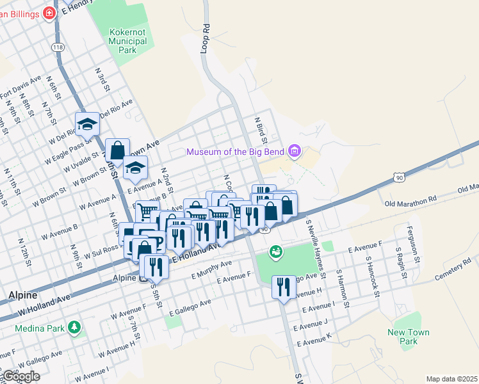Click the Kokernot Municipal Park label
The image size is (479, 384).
point(128,41)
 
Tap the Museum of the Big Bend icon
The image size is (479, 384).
point(295,152)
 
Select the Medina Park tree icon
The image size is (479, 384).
point(76,328)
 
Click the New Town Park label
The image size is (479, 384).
point(409,337)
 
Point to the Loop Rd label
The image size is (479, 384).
point(206,38)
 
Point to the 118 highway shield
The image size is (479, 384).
point(58,47)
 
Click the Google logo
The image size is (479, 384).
point(20,376)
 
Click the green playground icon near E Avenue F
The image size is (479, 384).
point(275,252)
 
